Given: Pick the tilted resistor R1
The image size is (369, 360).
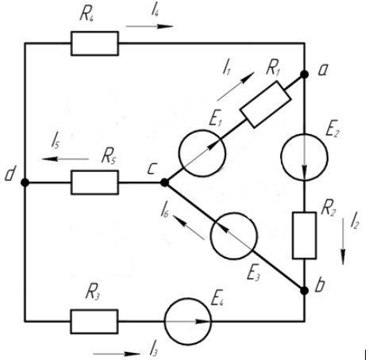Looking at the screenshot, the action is click(x=266, y=105).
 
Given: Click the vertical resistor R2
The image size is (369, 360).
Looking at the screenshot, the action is click(x=304, y=236).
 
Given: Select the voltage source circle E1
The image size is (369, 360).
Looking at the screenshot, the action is click(x=202, y=153).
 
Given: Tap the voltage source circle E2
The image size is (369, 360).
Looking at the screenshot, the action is click(x=304, y=157).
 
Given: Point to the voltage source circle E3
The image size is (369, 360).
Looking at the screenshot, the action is click(x=233, y=236).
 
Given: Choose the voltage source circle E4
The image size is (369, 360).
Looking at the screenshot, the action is click(x=188, y=321).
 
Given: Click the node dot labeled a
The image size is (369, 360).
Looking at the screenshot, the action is click(x=305, y=75).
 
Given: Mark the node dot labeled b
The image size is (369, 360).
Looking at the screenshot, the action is click(x=305, y=291).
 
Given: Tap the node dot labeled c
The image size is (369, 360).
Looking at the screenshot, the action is click(x=164, y=182).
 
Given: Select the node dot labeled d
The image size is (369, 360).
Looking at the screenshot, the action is click(x=25, y=182).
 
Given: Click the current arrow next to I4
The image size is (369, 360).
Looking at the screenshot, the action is click(x=149, y=26).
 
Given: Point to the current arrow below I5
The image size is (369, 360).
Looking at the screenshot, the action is click(x=65, y=159).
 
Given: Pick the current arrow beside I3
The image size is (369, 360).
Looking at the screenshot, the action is click(x=117, y=354).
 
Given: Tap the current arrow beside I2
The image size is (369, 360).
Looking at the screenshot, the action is click(x=343, y=241).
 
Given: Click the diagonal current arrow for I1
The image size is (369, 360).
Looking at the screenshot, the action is click(x=236, y=86).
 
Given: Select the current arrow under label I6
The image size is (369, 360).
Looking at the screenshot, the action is click(x=189, y=227).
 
